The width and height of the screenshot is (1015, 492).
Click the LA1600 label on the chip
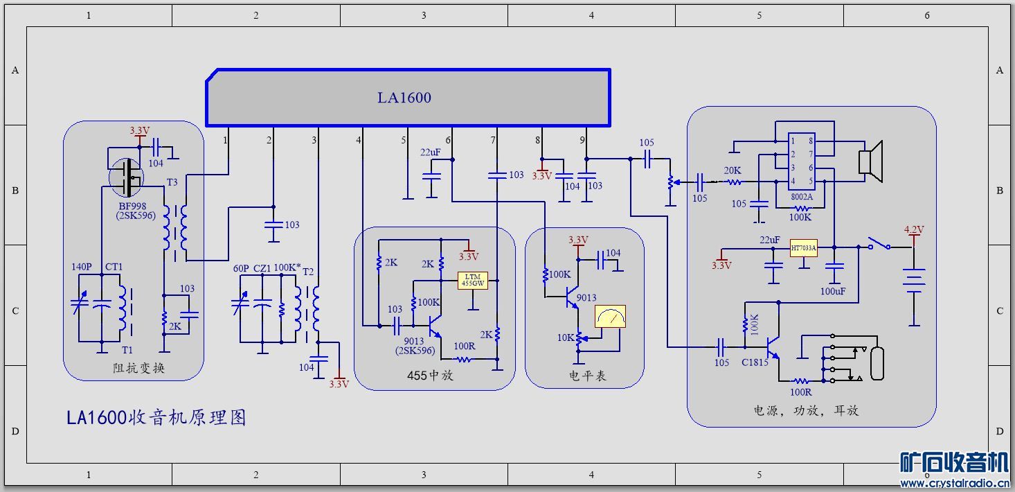tap(404, 98)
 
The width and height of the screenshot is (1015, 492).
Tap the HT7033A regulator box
tap(804, 247)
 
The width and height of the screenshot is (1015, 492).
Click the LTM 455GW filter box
tap(473, 281)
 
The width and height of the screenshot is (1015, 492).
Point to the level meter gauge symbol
tap(610, 316)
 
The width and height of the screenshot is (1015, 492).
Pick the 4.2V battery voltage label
tap(914, 229)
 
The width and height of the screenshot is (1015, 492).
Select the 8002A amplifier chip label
tap(801, 196)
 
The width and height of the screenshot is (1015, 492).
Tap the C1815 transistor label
tap(755, 362)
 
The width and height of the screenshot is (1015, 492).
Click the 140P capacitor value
tap(82, 267)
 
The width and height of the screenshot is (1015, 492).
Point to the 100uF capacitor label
tap(833, 292)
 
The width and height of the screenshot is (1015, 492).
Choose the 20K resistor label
tap(733, 170)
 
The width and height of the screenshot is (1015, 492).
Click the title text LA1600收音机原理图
tap(156, 417)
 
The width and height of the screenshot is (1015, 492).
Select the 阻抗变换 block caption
tap(138, 368)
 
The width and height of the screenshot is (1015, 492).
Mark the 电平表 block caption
tap(587, 376)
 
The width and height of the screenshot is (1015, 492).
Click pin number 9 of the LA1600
tap(582, 140)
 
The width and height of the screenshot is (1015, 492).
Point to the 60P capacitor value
tap(241, 268)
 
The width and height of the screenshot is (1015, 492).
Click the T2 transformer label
tap(308, 272)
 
